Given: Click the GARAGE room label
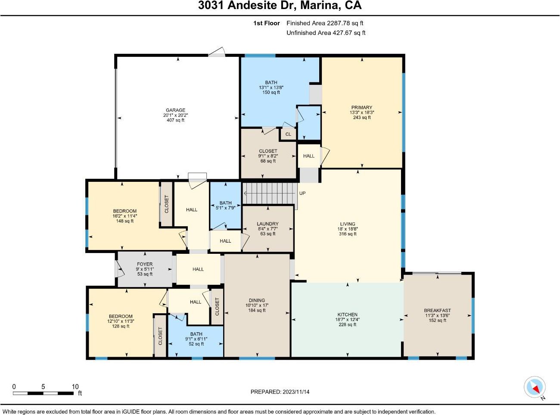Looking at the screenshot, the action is coord(175,110).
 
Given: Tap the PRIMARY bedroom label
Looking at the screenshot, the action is coord(362,107).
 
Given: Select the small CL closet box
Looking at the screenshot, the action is coord(288,134).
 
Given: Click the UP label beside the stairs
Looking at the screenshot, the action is coord(302,193).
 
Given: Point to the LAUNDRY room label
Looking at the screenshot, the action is coord(268,224).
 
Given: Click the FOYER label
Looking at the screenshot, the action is coord(145,264).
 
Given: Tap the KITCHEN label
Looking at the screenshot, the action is coord(347,315).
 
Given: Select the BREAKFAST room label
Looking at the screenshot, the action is coord(437,310).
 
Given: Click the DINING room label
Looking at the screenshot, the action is coord(257,300).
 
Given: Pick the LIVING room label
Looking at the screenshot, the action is coord(348,224).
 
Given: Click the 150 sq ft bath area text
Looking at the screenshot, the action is coord(271,93).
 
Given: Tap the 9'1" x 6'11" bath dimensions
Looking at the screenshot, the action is coord(196,339).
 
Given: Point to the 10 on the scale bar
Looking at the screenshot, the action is coord(75,387).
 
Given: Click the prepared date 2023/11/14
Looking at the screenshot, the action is coord(296,392).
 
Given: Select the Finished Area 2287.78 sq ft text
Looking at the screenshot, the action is coord(325,23).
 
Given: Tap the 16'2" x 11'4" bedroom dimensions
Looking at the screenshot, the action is coord(125,216).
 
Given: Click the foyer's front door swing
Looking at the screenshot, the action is coord(120,269).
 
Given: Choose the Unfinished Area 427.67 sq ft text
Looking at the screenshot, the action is coord(326,33).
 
